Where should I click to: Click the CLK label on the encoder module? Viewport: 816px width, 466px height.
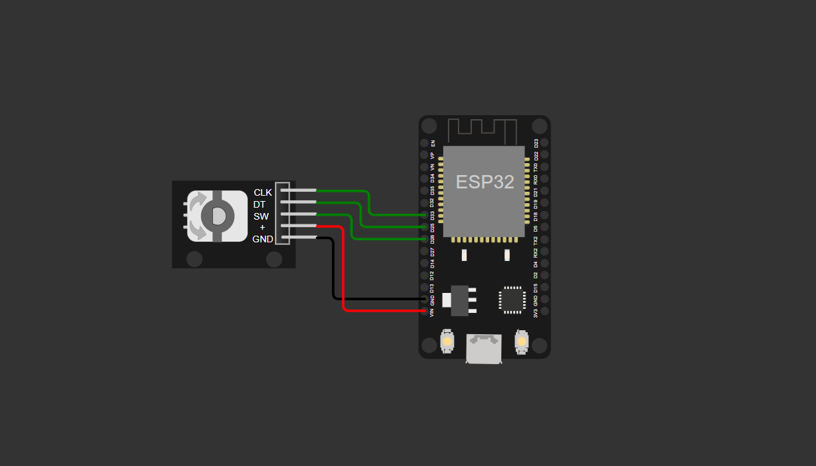pyautogui.click(x=263, y=192)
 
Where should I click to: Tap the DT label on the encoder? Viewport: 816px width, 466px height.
pyautogui.click(x=260, y=204)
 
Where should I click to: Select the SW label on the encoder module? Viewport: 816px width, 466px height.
pyautogui.click(x=261, y=216)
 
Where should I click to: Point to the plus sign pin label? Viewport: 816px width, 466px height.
pyautogui.click(x=262, y=228)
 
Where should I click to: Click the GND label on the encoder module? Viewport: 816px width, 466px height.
pyautogui.click(x=263, y=239)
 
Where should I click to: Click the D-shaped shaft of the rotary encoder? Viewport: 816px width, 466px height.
pyautogui.click(x=218, y=216)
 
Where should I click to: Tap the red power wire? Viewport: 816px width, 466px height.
pyautogui.click(x=343, y=280)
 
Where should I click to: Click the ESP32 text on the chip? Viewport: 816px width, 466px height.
pyautogui.click(x=485, y=182)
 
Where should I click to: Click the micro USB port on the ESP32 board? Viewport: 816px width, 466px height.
pyautogui.click(x=484, y=349)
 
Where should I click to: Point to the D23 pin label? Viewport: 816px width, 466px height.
pyautogui.click(x=536, y=142)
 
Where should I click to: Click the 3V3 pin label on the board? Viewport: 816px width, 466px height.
pyautogui.click(x=536, y=311)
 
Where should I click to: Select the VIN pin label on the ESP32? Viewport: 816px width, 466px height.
pyautogui.click(x=432, y=311)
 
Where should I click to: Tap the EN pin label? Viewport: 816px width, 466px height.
pyautogui.click(x=433, y=142)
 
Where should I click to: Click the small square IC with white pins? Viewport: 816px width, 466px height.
pyautogui.click(x=512, y=300)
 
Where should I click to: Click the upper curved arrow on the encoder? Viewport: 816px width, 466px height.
pyautogui.click(x=198, y=201)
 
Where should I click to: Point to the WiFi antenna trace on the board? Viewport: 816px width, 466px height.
pyautogui.click(x=483, y=130)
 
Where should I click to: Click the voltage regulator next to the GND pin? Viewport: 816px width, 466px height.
pyautogui.click(x=459, y=300)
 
